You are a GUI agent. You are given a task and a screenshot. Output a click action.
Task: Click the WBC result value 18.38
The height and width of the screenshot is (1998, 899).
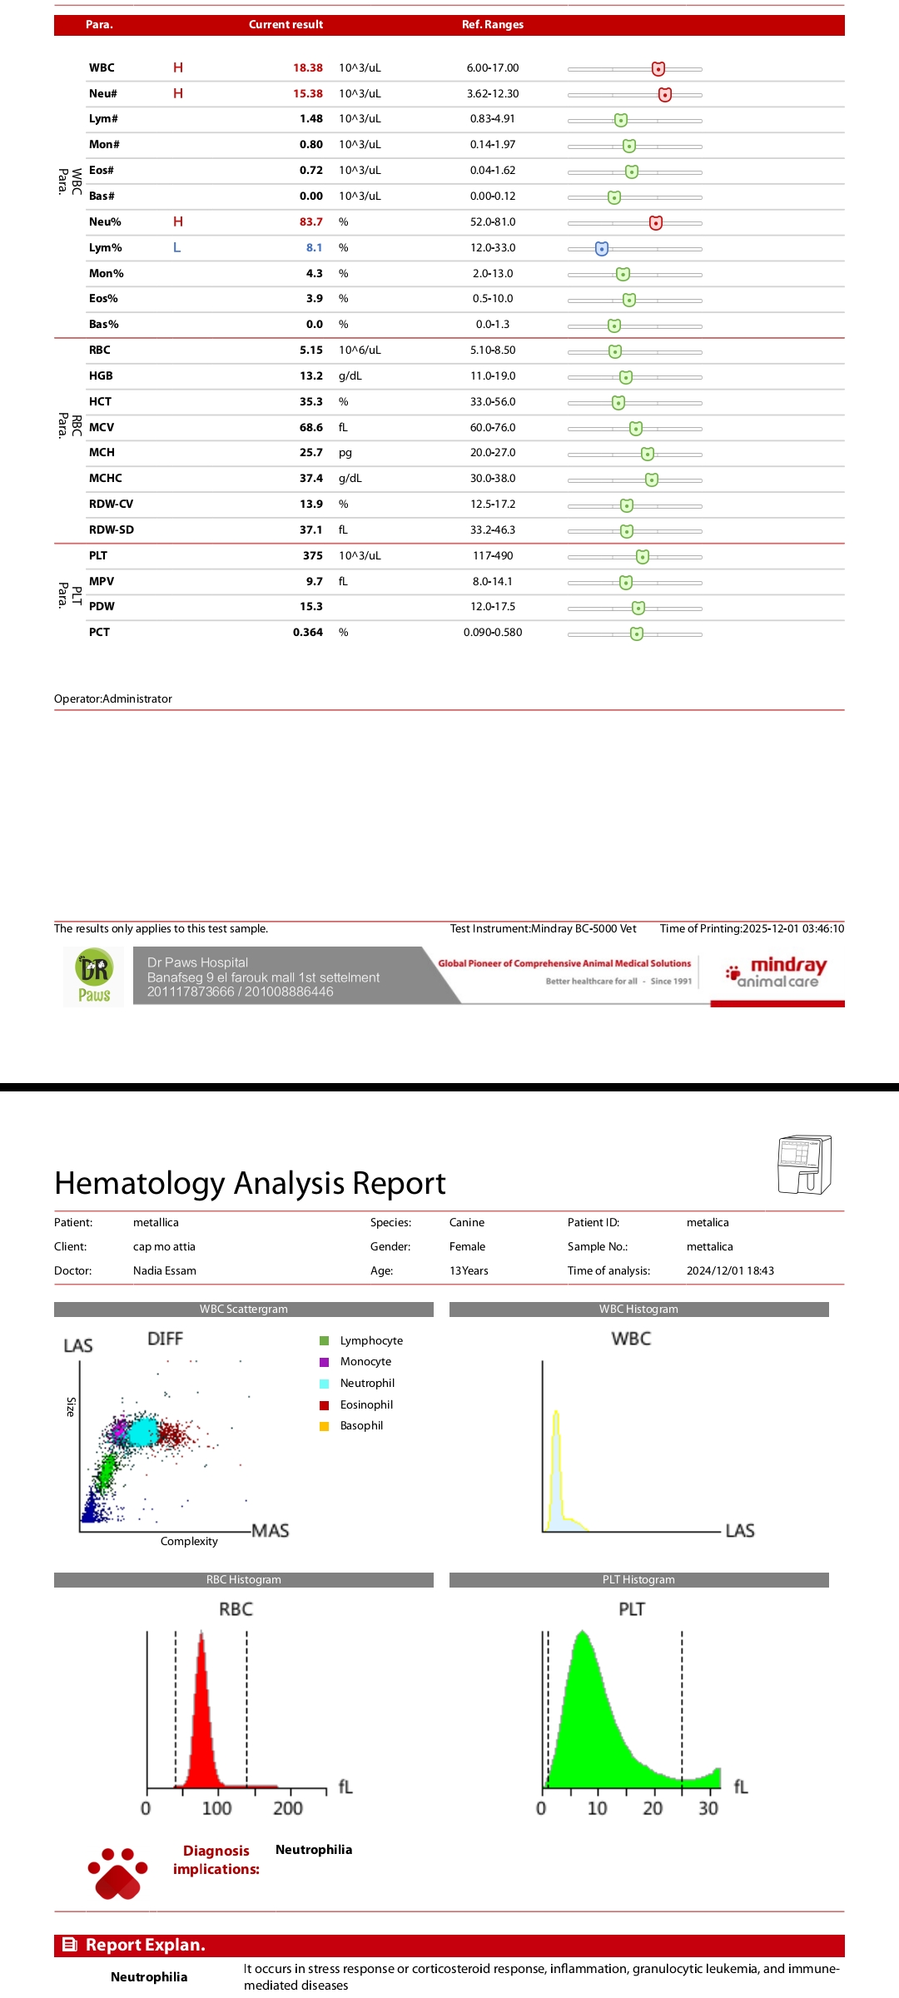(x=307, y=68)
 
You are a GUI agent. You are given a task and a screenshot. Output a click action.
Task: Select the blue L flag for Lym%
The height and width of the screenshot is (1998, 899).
(x=176, y=247)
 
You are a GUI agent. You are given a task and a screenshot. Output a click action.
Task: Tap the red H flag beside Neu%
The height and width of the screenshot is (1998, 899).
(x=177, y=221)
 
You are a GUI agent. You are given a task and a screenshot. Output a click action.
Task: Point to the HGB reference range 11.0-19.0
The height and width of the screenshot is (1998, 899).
(x=493, y=376)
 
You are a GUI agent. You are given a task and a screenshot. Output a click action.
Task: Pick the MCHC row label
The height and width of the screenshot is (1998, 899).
(x=106, y=479)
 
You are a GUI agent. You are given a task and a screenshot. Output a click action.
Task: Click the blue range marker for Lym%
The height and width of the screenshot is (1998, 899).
(x=602, y=248)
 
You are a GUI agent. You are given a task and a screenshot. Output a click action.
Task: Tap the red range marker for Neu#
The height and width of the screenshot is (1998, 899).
(x=664, y=94)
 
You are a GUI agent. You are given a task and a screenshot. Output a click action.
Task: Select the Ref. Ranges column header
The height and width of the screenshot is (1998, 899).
(x=493, y=25)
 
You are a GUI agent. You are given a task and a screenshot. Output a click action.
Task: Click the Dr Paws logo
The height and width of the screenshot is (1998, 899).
(x=94, y=977)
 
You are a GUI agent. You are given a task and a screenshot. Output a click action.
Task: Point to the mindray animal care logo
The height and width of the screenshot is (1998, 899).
(x=779, y=972)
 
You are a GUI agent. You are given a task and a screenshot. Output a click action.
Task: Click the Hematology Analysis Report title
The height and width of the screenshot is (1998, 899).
(x=250, y=1183)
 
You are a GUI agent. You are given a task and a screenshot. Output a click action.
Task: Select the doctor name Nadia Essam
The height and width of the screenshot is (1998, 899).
(x=165, y=1271)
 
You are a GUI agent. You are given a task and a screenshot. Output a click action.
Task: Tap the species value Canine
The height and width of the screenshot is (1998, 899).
(x=467, y=1223)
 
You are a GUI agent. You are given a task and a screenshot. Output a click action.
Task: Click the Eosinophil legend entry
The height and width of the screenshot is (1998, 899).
(x=365, y=1405)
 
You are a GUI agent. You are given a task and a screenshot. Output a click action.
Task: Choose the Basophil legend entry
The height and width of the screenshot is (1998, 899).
(x=360, y=1426)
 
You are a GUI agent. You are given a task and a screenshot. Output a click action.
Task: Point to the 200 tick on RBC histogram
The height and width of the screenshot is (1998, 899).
(x=288, y=1808)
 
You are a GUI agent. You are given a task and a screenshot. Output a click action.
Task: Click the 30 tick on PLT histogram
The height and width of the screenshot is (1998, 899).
(x=708, y=1808)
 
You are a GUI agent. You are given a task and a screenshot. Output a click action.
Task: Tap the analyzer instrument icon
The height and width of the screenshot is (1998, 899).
(x=804, y=1164)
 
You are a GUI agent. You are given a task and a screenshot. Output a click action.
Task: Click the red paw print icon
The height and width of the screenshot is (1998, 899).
(x=118, y=1874)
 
